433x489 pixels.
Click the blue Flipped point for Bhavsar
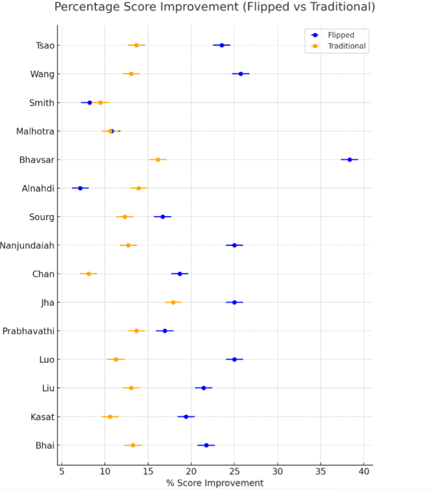click(350, 159)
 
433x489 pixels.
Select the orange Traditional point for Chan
click(89, 274)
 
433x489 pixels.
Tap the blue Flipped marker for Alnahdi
click(80, 188)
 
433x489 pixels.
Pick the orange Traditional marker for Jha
click(173, 302)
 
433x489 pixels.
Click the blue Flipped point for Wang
click(240, 74)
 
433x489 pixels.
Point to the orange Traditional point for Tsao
click(136, 45)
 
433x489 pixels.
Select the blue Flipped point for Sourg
click(162, 216)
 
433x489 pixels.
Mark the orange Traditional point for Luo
click(116, 359)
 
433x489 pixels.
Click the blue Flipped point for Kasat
click(186, 417)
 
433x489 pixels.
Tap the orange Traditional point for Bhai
click(133, 445)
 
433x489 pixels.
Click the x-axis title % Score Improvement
click(215, 483)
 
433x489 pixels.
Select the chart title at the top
click(215, 7)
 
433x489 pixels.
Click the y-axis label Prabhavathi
click(29, 331)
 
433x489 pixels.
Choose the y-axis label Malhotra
click(35, 131)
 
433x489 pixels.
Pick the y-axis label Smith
click(42, 103)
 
